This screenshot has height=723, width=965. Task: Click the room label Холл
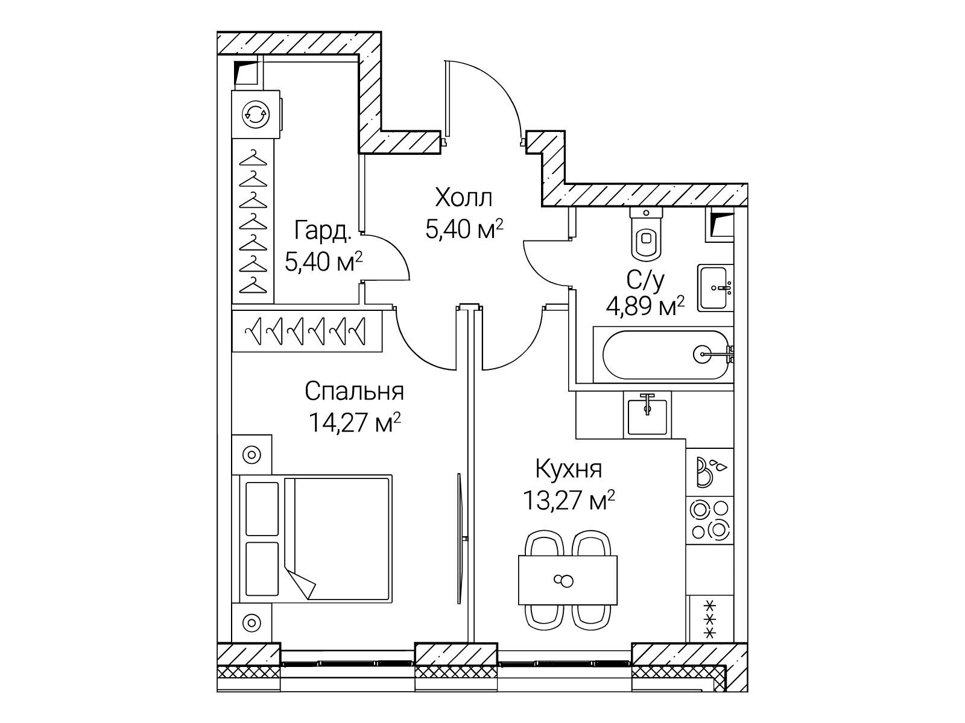pyautogui.click(x=464, y=198)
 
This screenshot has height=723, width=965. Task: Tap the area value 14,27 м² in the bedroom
pyautogui.click(x=355, y=422)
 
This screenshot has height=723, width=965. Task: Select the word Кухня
pyautogui.click(x=569, y=469)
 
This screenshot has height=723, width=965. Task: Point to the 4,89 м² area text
pyautogui.click(x=645, y=307)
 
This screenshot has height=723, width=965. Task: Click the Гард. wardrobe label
pyautogui.click(x=323, y=231)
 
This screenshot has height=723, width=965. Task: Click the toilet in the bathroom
pyautogui.click(x=646, y=233)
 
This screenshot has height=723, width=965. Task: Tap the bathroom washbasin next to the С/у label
pyautogui.click(x=715, y=288)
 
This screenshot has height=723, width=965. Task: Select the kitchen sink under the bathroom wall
pyautogui.click(x=647, y=415)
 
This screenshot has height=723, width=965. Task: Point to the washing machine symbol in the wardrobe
pyautogui.click(x=256, y=114)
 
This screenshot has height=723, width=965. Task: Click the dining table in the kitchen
pyautogui.click(x=568, y=580)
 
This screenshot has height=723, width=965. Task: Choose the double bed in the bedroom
pyautogui.click(x=315, y=539)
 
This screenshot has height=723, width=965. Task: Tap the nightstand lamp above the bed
pyautogui.click(x=252, y=454)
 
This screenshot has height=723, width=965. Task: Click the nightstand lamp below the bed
pyautogui.click(x=252, y=622)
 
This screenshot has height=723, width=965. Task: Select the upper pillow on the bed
pyautogui.click(x=262, y=509)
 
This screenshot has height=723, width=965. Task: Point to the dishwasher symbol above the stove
pyautogui.click(x=709, y=472)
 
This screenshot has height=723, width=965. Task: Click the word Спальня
pyautogui.click(x=355, y=391)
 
